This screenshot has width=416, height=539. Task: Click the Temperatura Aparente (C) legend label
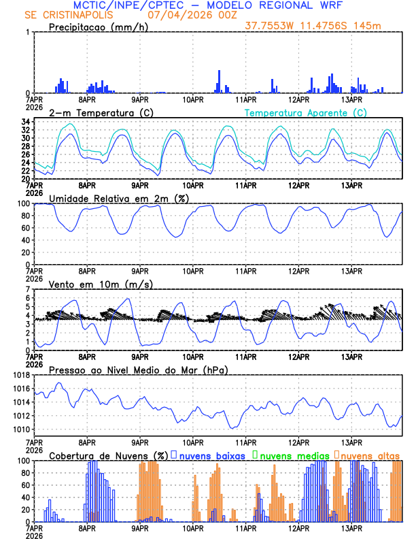(x=306, y=112)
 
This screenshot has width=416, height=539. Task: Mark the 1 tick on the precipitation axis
(x=28, y=32)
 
